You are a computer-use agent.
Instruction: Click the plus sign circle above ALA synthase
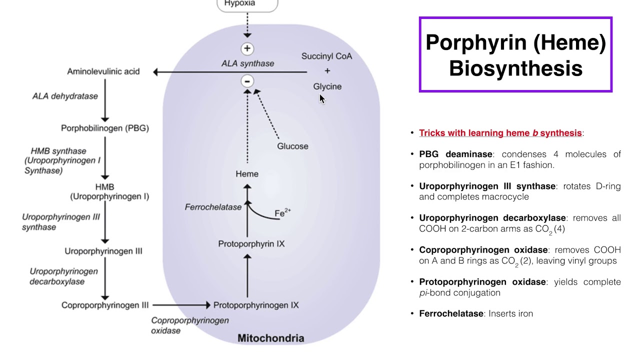(247, 48)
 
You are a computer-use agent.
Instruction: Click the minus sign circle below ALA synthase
(247, 81)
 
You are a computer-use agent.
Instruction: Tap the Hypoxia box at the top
(247, 4)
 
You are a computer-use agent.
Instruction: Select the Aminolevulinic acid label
(103, 71)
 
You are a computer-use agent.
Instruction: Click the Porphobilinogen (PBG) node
(105, 128)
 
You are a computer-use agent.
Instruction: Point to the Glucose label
(292, 146)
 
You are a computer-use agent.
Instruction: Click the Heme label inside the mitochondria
(247, 174)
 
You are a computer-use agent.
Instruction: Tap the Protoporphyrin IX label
(251, 244)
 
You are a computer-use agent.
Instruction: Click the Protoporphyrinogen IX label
(256, 305)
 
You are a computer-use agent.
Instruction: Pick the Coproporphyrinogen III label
(105, 305)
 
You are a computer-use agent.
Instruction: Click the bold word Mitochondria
(270, 338)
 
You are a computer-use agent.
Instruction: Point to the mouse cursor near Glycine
(322, 99)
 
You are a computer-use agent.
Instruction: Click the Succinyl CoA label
(326, 56)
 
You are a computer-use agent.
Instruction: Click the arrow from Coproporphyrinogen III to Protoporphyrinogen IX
(181, 305)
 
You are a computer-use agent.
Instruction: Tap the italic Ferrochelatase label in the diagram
(213, 207)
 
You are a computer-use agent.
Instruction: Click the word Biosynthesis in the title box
(515, 68)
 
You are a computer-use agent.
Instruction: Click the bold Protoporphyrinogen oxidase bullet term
(482, 282)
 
